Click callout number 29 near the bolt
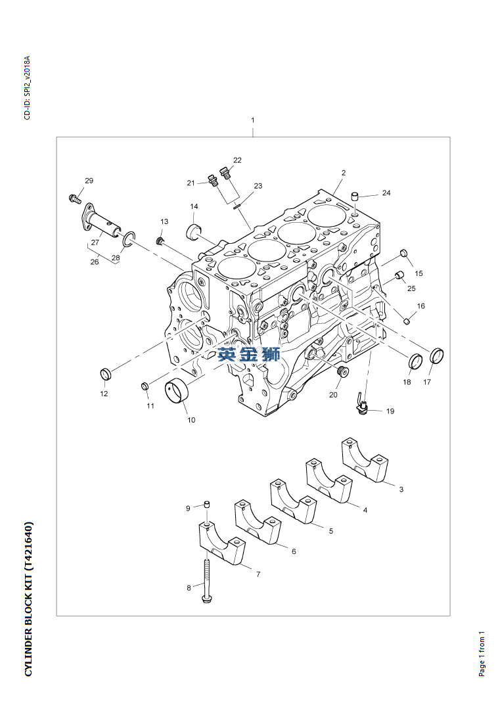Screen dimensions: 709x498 pos(89,181)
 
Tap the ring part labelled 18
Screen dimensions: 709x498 pos(415,361)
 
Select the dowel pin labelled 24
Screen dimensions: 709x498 pos(354,195)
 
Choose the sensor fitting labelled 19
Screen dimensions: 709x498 pos(361,403)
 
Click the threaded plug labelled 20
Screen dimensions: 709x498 pos(341,373)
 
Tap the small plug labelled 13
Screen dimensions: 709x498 pos(159,240)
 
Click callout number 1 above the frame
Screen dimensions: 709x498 pos(253,120)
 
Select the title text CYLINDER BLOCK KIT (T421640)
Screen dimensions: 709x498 pos(28,599)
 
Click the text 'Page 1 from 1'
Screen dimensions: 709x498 pos(482,654)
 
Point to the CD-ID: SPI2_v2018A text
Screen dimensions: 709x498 pos(27,88)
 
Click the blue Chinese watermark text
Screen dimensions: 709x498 pos(249,354)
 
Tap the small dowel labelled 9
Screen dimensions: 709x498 pos(205,505)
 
